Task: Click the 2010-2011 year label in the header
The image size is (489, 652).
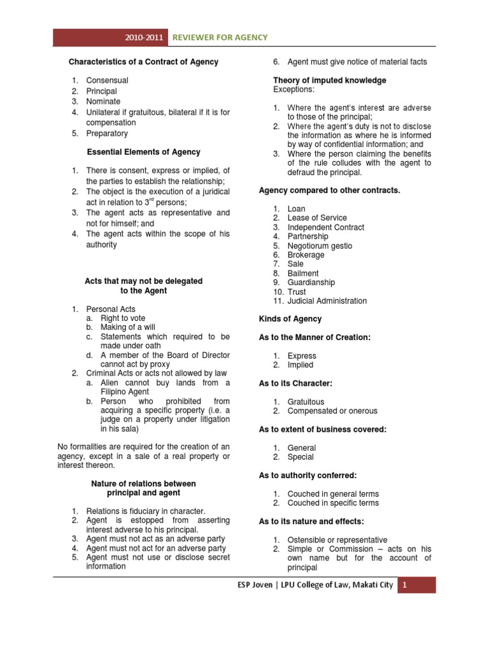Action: (x=146, y=38)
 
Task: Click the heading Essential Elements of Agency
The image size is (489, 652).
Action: (x=143, y=152)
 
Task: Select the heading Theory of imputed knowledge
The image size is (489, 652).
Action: (x=330, y=80)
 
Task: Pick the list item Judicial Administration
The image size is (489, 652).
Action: (x=327, y=301)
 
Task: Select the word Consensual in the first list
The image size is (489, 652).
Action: (x=107, y=80)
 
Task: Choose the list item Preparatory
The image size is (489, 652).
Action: (x=107, y=133)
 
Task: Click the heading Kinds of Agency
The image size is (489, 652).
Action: (x=290, y=319)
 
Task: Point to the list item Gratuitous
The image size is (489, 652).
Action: (x=306, y=402)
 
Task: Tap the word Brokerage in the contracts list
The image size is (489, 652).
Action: (x=306, y=255)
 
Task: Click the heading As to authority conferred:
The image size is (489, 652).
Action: (x=308, y=475)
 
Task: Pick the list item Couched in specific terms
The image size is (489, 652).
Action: (x=333, y=503)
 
